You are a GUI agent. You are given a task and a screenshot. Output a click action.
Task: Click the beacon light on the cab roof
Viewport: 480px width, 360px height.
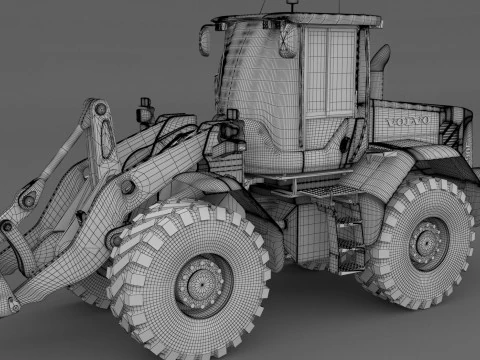click(294, 8)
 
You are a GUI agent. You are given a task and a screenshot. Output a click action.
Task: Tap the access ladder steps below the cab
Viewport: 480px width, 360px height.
click(350, 240)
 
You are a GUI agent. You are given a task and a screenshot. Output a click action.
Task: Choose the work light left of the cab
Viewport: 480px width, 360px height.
click(146, 108)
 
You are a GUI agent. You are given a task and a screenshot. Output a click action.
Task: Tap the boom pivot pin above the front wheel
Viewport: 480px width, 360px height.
click(127, 186)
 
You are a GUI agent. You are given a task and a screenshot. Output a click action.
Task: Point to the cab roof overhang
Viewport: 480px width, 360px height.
click(300, 19)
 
